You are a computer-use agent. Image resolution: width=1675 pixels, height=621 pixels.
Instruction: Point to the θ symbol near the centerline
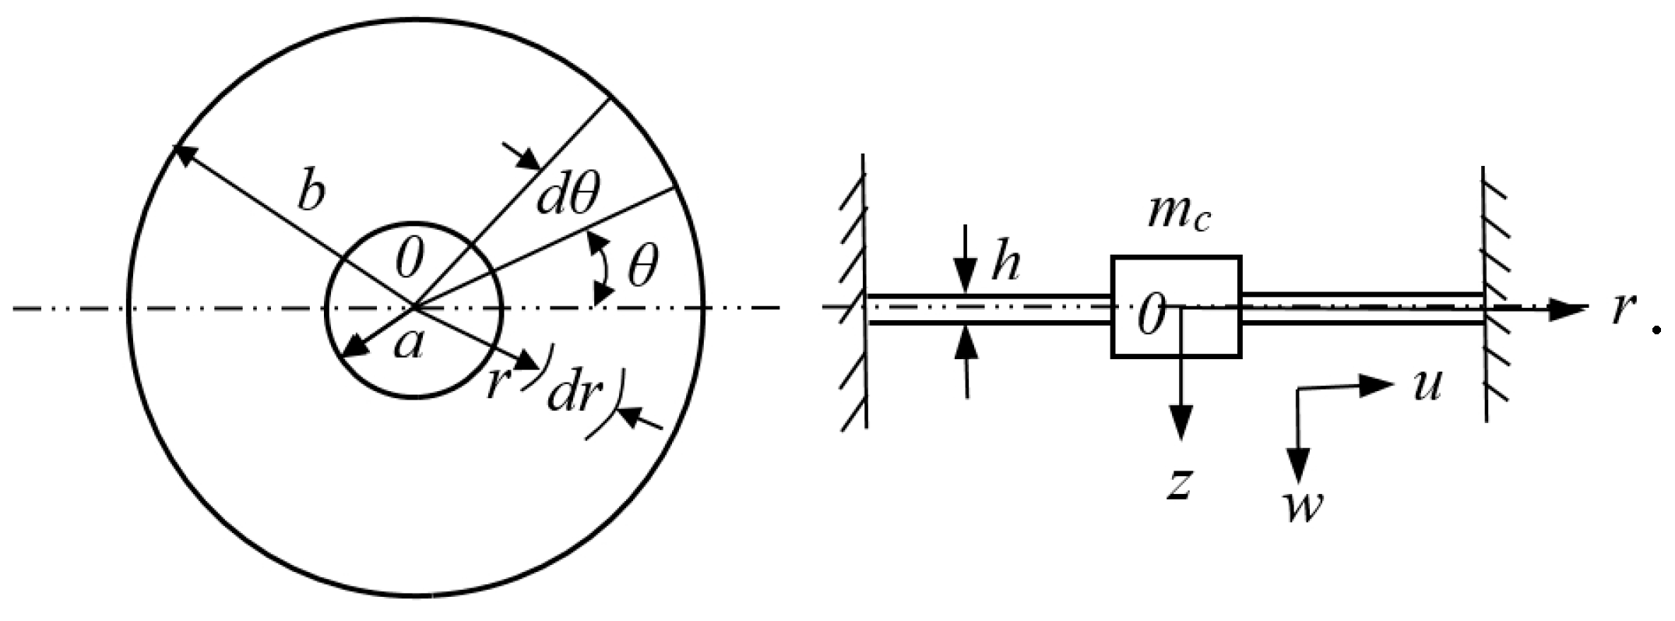click(642, 269)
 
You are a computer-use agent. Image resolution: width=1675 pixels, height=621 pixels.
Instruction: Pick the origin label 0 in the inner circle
click(409, 259)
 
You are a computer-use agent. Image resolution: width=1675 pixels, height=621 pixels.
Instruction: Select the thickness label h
click(1005, 266)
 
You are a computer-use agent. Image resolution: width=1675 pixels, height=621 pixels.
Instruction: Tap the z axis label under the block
click(1180, 484)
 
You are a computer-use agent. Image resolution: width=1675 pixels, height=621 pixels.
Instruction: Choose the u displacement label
click(1427, 385)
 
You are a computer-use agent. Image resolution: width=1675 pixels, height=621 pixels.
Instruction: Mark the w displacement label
click(1302, 507)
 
